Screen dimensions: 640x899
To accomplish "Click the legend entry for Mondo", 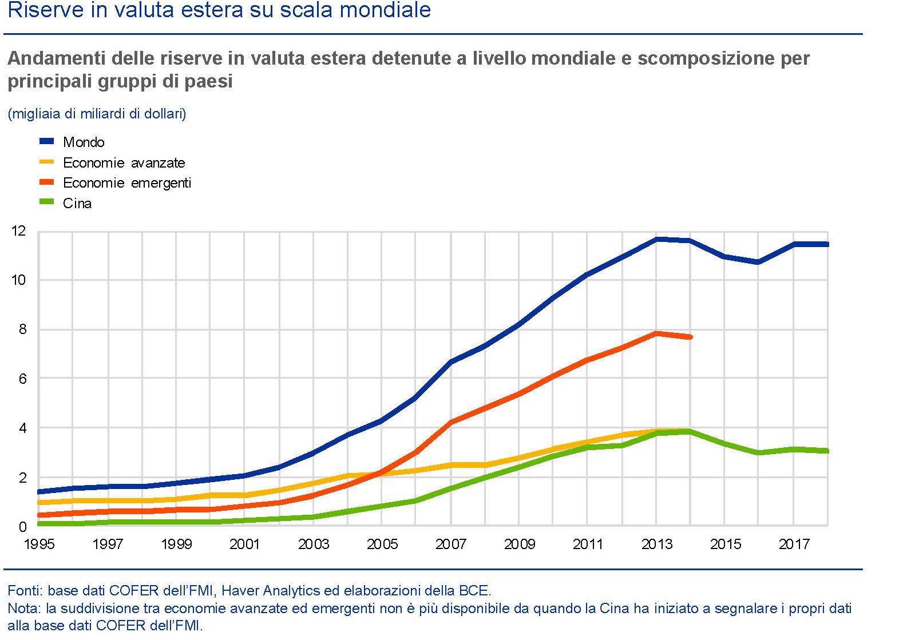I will point(84,142).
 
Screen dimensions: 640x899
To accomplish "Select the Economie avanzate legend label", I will point(124,162).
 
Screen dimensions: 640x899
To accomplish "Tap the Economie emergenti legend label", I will point(126,183).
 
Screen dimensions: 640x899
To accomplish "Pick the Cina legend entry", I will point(77,204).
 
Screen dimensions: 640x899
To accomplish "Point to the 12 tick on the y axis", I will point(19,231).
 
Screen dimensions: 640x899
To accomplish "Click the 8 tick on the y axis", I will point(22,329).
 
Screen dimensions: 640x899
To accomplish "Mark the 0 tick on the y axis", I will point(22,527).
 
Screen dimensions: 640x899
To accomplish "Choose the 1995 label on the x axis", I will point(39,544).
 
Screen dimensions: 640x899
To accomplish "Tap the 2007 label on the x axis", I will point(450,544).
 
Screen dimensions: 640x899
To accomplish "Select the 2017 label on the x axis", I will point(794,544).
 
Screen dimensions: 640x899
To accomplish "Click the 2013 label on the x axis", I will point(656,544).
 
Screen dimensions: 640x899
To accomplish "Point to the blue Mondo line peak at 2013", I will point(656,239).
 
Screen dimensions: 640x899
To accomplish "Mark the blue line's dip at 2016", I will point(759,262).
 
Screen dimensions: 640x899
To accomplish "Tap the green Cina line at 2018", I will point(827,451).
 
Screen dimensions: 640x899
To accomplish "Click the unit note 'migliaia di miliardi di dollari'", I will point(97,114).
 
